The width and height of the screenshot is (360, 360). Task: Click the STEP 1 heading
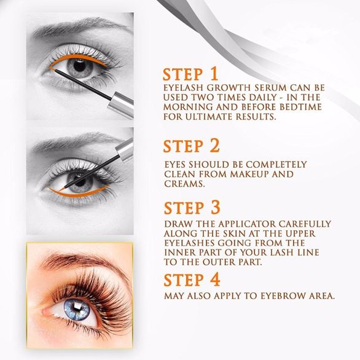[x=190, y=74]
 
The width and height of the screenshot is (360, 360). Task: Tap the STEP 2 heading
[x=191, y=146]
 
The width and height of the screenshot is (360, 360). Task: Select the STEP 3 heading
[x=192, y=208]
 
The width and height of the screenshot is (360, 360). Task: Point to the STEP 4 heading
[x=192, y=280]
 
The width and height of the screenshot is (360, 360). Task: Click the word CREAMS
[x=184, y=184]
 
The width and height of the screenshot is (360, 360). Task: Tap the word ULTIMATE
[x=208, y=117]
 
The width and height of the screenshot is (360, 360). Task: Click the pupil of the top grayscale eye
[x=80, y=66]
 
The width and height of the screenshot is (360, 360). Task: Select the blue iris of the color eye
[x=76, y=310]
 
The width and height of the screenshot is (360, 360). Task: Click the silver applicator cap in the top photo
[x=121, y=104]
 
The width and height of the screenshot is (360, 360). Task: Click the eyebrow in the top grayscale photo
[x=78, y=27]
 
